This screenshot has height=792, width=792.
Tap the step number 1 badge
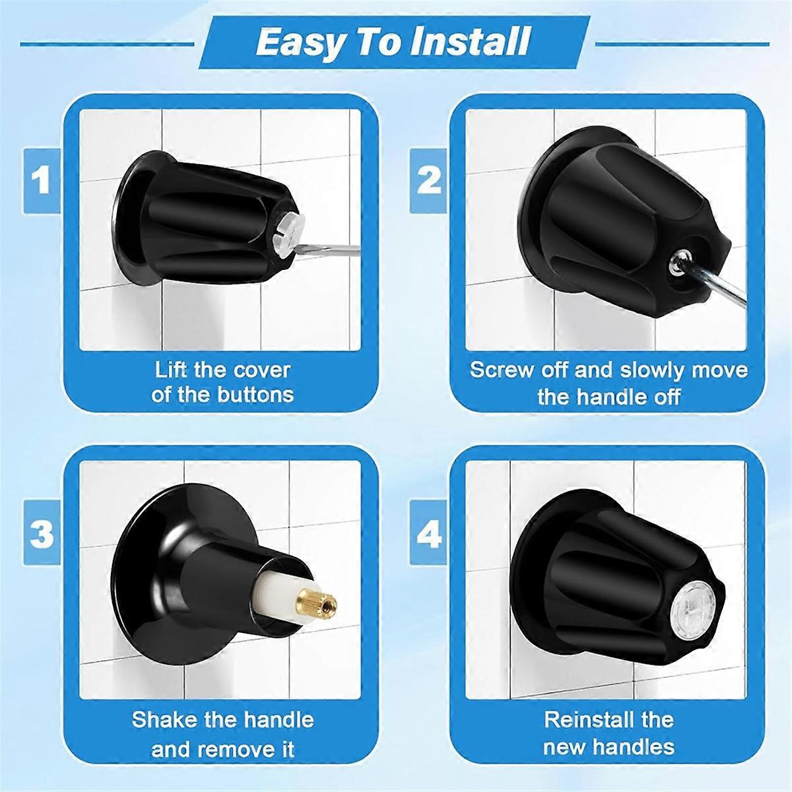tap(42, 181)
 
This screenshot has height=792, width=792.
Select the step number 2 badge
tap(428, 181)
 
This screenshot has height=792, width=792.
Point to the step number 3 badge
tap(42, 532)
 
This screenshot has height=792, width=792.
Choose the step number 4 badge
tap(428, 532)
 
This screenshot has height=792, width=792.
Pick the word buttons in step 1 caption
tap(255, 395)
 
